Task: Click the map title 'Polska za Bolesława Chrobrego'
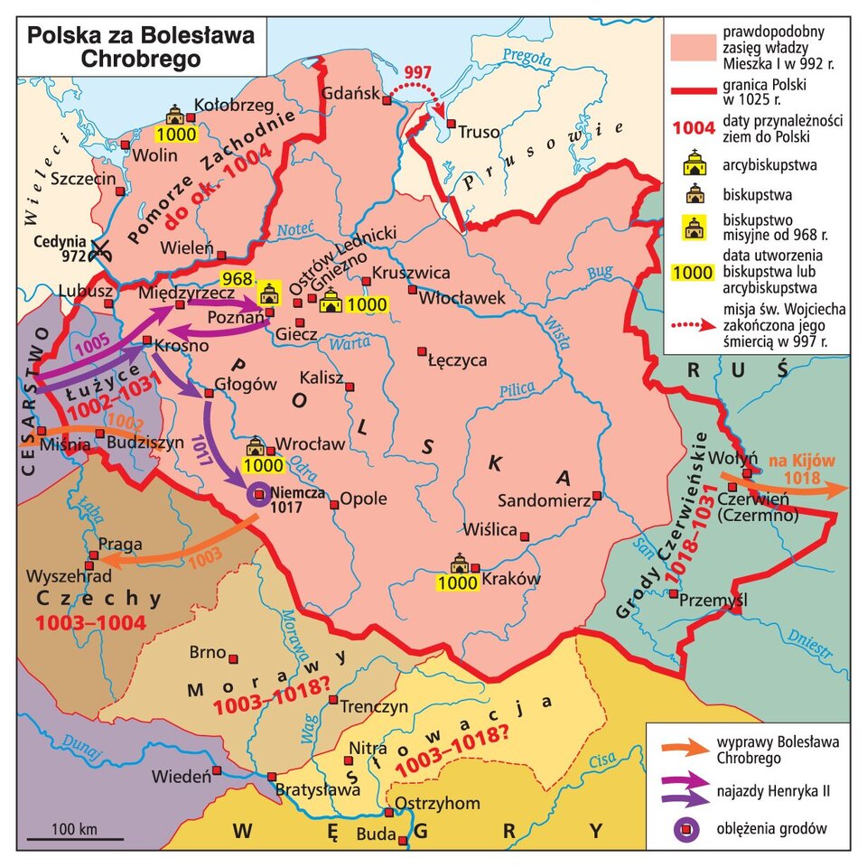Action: click(x=140, y=46)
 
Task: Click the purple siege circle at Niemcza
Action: click(x=258, y=493)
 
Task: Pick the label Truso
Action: click(x=479, y=132)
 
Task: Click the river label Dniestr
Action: click(x=814, y=645)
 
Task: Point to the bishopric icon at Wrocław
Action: click(x=255, y=445)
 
